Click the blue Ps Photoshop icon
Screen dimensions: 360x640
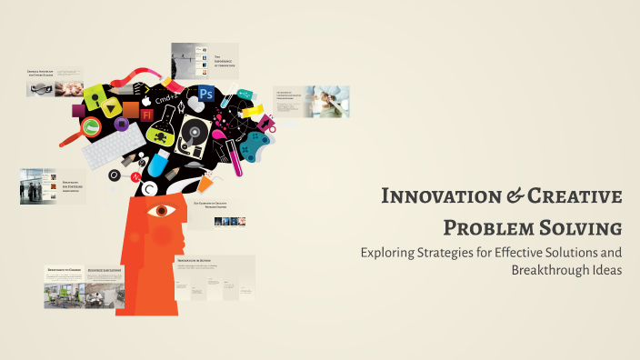(x=205, y=94)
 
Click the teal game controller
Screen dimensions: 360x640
(x=256, y=144)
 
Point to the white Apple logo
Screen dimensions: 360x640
(x=145, y=101)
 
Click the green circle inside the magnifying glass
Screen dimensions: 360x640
(x=91, y=127)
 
